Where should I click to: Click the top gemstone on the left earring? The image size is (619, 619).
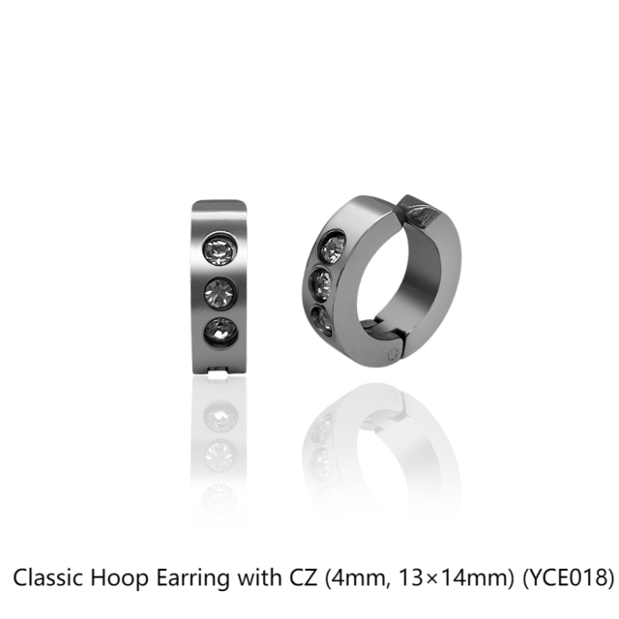[221, 250]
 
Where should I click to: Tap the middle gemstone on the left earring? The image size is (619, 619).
[221, 292]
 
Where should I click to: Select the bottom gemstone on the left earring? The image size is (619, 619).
[221, 333]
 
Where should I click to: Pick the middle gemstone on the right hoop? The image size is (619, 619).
[321, 283]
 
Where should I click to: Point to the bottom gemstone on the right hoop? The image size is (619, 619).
[321, 320]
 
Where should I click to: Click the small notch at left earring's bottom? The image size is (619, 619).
[218, 370]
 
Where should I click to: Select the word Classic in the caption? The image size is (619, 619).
[48, 577]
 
